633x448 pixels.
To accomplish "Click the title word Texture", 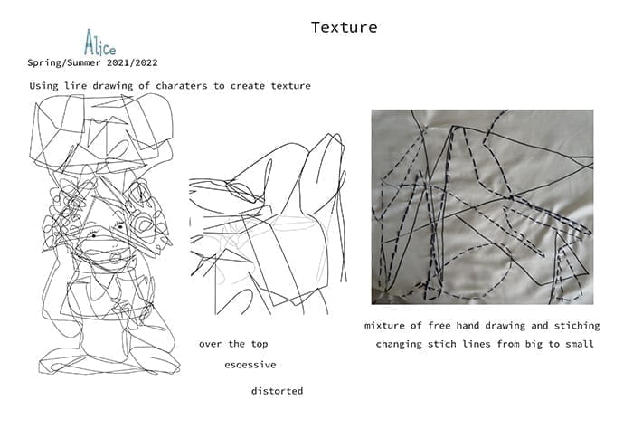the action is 344,27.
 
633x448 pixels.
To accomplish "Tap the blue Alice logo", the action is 99,43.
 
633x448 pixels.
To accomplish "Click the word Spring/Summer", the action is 64,63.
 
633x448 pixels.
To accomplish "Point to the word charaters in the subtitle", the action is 181,86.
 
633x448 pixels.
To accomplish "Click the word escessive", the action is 250,365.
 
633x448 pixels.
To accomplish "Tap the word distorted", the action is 277,391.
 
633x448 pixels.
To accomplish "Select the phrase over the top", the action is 233,344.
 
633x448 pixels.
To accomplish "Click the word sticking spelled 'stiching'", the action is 577,326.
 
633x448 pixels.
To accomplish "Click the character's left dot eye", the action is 94,235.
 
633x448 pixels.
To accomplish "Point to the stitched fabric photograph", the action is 482,207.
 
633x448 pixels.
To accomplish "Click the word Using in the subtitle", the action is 43,86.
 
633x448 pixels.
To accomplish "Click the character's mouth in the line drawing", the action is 117,256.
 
